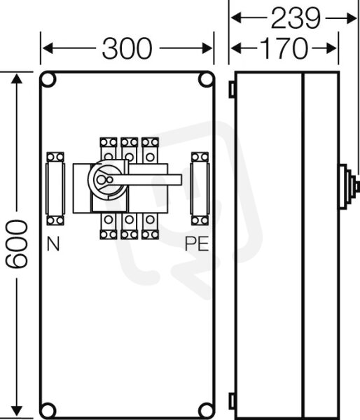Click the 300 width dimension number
point(127,48)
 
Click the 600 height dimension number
point(17,244)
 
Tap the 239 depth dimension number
point(296,18)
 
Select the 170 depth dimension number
point(284,48)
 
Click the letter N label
point(53,244)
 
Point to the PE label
point(197,244)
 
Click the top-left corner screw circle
point(48,80)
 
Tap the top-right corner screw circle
point(206,80)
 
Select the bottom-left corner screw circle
point(48,411)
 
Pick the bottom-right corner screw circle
point(206,411)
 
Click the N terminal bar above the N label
point(55,188)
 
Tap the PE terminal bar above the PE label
point(200,188)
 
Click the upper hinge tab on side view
point(232,89)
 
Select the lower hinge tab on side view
point(232,401)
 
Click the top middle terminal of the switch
point(129,150)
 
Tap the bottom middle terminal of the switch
point(129,226)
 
